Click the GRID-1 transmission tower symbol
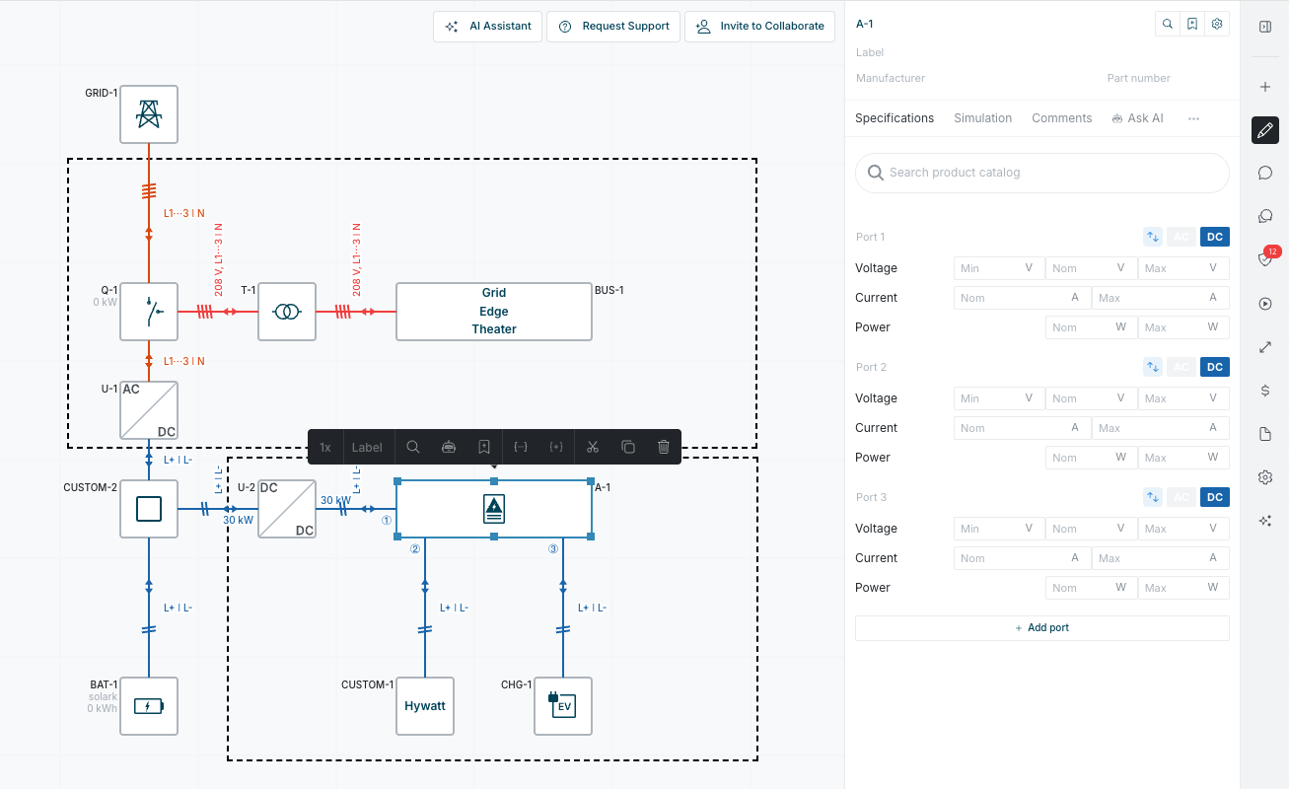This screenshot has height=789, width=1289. click(149, 114)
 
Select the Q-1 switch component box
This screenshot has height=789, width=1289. click(149, 312)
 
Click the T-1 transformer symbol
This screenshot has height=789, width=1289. click(287, 312)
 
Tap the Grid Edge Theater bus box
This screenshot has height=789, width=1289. click(494, 312)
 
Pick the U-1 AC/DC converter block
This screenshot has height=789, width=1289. click(149, 410)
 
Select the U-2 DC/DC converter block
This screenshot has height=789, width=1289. click(287, 509)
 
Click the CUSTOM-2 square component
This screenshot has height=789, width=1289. click(149, 509)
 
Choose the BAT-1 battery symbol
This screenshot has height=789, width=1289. click(149, 706)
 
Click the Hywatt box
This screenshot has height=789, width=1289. click(425, 706)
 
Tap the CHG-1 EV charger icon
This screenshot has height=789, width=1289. click(563, 706)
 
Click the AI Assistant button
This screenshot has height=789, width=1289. click(489, 27)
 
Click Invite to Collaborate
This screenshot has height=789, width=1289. click(760, 27)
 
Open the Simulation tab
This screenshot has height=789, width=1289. click(982, 118)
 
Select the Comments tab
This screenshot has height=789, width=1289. click(1061, 118)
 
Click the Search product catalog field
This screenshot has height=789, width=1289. click(1042, 173)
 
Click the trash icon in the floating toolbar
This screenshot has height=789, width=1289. click(664, 447)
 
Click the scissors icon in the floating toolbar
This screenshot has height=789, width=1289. click(593, 447)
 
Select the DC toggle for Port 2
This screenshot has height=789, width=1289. click(1215, 367)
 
